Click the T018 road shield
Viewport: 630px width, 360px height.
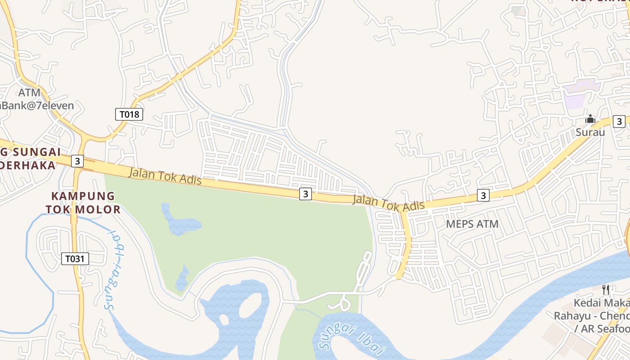[130, 114]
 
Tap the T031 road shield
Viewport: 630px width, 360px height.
[75, 258]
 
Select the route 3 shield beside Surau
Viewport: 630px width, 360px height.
[619, 121]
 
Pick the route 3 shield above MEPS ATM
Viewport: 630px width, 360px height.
[483, 195]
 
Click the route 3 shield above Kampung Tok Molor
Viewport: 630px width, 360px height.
[77, 161]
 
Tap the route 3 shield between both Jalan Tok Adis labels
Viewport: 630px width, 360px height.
[306, 194]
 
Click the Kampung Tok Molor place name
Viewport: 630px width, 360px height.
[83, 202]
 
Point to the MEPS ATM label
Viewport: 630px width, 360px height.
[472, 224]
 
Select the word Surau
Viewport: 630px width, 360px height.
[590, 132]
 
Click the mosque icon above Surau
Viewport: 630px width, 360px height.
[590, 119]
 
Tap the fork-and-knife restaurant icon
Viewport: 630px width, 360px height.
[606, 289]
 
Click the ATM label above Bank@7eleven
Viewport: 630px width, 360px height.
[29, 93]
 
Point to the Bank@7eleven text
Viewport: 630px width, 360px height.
[38, 106]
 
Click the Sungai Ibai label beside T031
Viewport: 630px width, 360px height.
[115, 269]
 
